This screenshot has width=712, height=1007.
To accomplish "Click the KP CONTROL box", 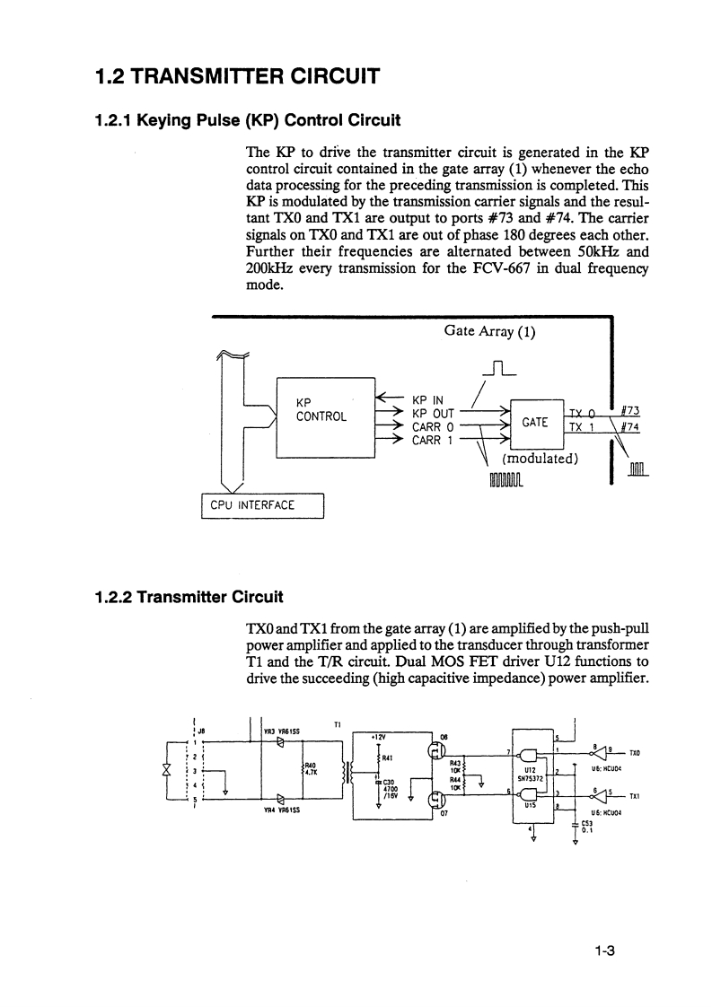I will coord(325,417).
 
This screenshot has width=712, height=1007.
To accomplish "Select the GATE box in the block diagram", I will coord(535,422).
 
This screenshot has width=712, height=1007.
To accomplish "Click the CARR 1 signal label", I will coord(435,440).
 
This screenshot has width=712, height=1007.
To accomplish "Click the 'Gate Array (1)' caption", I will coord(489,330).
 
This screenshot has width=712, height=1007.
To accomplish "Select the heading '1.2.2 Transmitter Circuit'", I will coord(189,596).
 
